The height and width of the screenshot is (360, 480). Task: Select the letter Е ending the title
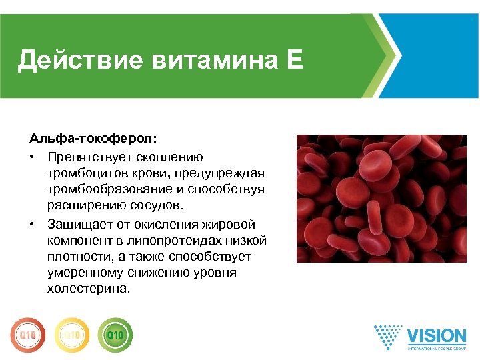pos(295,61)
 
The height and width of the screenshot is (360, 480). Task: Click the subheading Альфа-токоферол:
pos(94,140)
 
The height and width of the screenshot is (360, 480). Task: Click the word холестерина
pos(89,289)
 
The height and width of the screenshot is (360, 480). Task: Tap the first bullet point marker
pos(32,157)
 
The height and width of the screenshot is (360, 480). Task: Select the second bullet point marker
pos(32,224)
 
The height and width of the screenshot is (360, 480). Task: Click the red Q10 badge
pos(27,334)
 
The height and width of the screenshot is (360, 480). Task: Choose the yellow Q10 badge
pos(71,334)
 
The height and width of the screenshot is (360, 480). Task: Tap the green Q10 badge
pos(115,334)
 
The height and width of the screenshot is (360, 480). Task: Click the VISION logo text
pos(436,335)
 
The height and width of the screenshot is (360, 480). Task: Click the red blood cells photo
pos(381,199)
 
